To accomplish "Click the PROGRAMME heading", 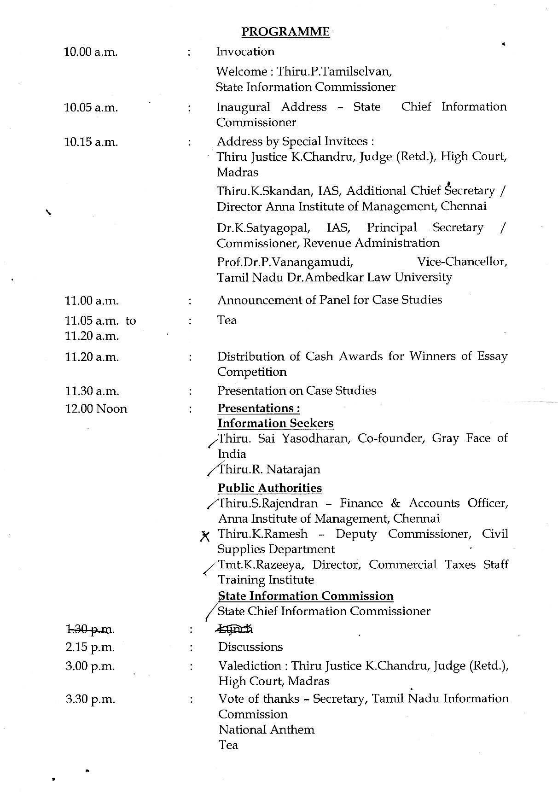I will coord(285,32).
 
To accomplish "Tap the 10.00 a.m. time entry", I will coord(91,52).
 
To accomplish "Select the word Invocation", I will coord(245,52).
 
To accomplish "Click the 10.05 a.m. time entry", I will coord(91,108).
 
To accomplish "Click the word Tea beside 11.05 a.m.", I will coord(227,320).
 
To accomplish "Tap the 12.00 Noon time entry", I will coord(96,409).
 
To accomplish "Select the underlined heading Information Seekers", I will coord(275,423).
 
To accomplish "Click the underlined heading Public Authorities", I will coord(270,488).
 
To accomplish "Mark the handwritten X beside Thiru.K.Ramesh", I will coord(205,536).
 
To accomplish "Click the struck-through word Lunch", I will coord(235,629).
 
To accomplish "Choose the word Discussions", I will coord(250,647).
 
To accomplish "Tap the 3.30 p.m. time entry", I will coord(90,700).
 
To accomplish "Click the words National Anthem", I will coord(267,730).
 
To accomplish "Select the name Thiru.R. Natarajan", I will coord(269,470).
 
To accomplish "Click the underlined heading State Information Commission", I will coord(305,596).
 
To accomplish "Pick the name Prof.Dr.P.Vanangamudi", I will coord(285,262).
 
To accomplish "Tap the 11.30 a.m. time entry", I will coord(92,391).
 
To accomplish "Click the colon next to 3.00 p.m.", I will coord(190,666).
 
